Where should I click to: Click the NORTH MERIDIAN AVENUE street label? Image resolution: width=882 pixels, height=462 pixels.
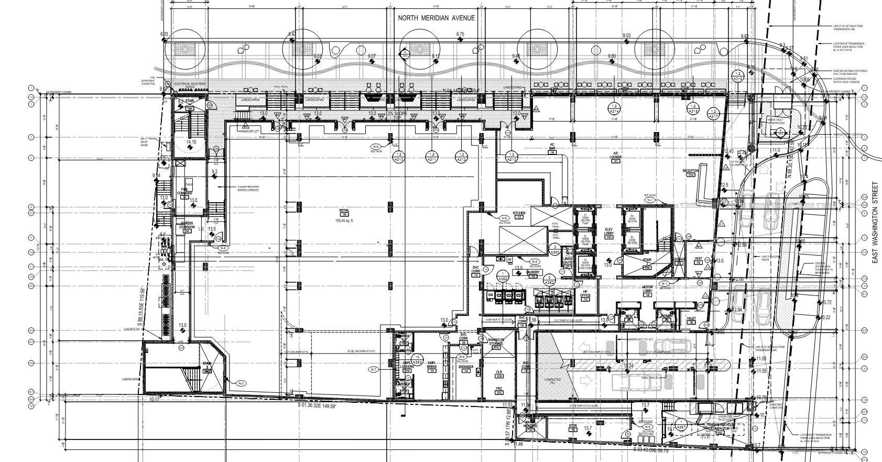tap(436, 18)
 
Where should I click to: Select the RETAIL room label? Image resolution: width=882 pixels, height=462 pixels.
tap(344, 211)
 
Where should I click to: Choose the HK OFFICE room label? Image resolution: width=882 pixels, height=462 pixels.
tap(585, 293)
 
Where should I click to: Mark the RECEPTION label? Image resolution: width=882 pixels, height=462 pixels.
tap(691, 171)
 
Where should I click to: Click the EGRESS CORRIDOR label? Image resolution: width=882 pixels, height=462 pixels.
tap(188, 225)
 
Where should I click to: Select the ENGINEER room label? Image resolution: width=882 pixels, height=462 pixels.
tap(466, 367)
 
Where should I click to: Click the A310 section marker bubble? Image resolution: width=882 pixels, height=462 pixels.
tap(399, 156)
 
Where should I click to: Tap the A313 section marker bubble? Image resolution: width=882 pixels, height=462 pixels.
tap(511, 156)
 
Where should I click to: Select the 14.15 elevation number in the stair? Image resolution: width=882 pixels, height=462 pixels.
tap(191, 141)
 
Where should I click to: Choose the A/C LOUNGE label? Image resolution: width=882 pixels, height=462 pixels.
tap(616, 155)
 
